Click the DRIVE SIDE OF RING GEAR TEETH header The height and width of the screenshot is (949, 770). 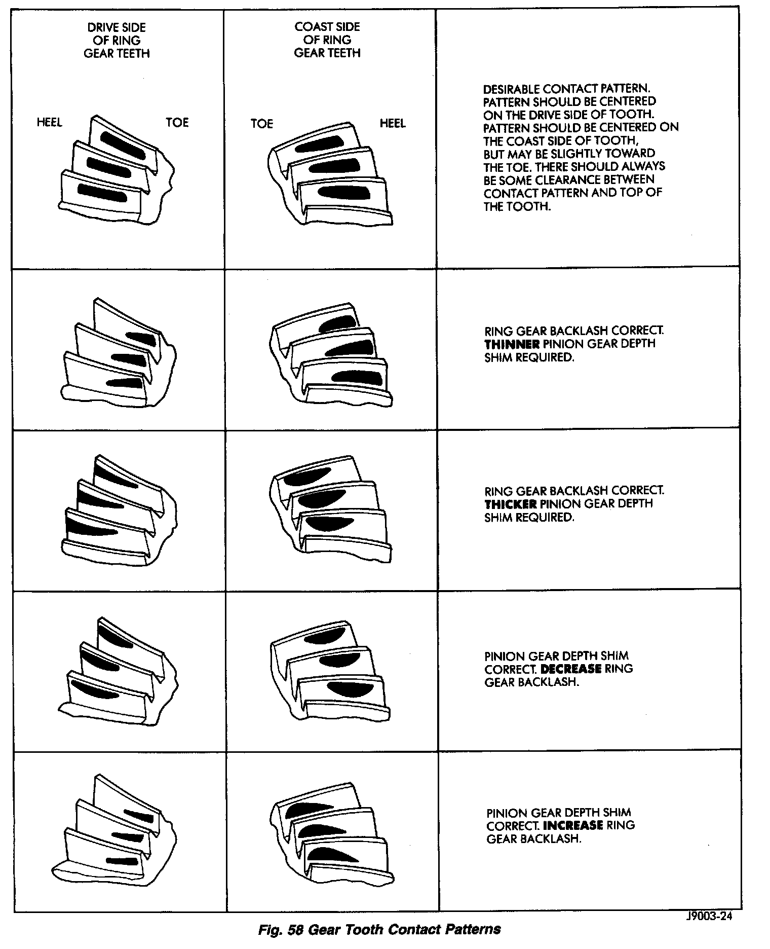coord(117,41)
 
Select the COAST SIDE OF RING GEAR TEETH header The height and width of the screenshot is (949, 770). coord(327,40)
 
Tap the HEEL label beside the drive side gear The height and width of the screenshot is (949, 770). coord(49,122)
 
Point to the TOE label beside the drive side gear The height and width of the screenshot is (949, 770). coord(177,122)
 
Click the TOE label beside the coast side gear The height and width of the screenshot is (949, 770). coord(262,124)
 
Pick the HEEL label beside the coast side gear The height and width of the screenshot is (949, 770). coord(393,123)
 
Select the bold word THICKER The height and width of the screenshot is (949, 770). coord(511,504)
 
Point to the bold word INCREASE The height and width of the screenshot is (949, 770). coord(572,825)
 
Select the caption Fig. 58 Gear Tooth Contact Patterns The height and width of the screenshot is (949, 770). coord(379,930)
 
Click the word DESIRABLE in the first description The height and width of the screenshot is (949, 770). coord(511,89)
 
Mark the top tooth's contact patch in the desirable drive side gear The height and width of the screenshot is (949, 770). coord(122,143)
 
